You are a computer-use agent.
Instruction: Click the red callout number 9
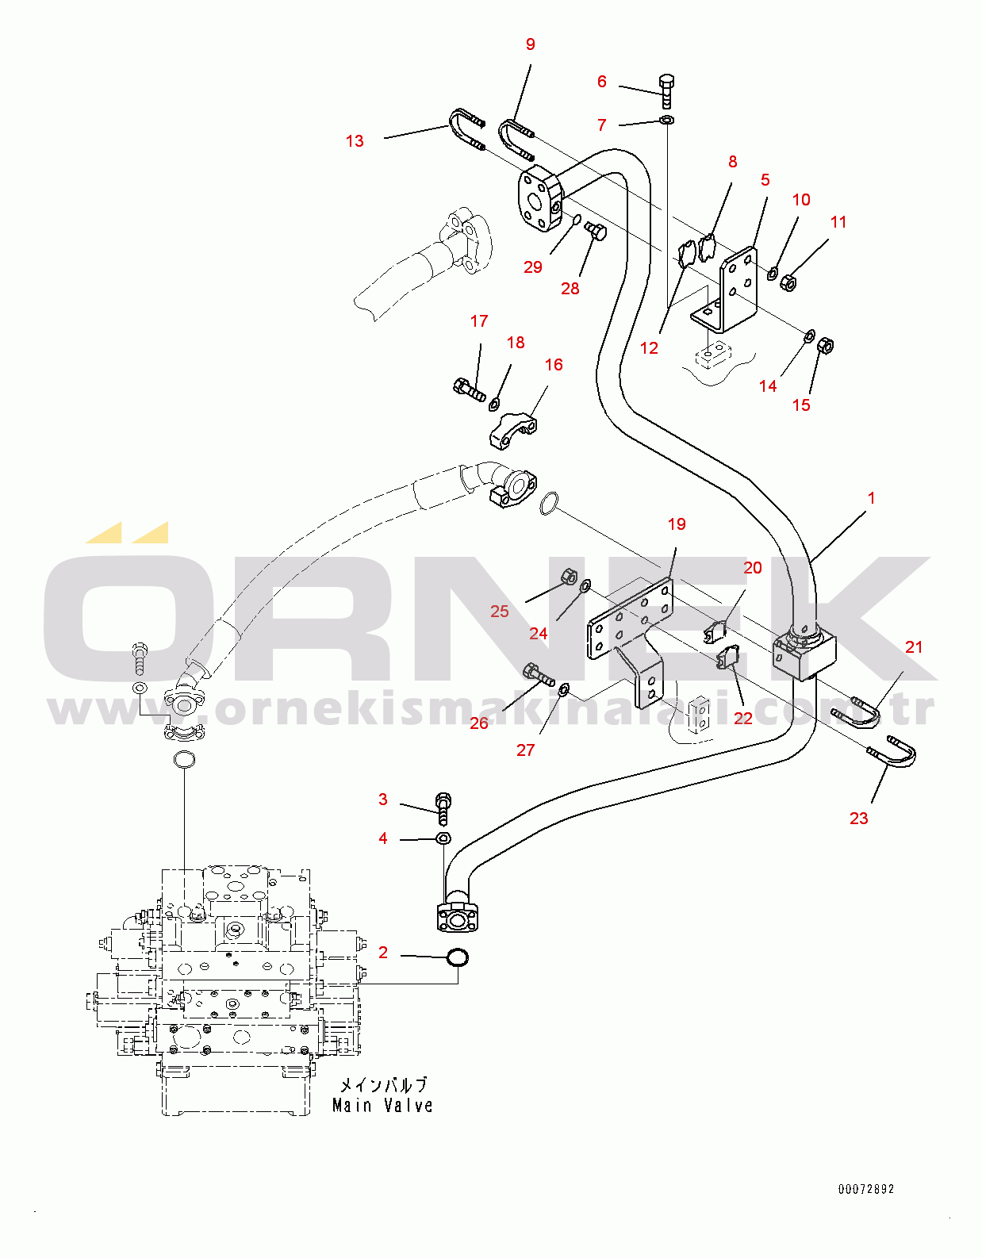[x=530, y=44]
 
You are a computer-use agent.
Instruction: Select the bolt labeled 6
[x=666, y=91]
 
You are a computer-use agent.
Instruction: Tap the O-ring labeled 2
[x=458, y=957]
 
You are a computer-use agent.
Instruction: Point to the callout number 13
[x=355, y=140]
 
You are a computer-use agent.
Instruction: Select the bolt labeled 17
[x=469, y=389]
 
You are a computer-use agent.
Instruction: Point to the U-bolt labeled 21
[x=859, y=708]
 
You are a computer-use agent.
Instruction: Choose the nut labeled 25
[x=567, y=575]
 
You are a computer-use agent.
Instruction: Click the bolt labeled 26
[x=538, y=673]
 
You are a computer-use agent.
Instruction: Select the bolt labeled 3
[x=443, y=808]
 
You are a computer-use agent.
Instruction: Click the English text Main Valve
[x=382, y=1106]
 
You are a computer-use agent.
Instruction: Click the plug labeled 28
[x=596, y=232]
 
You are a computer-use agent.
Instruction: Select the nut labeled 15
[x=825, y=346]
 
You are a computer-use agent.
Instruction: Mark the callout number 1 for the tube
[x=872, y=498]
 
